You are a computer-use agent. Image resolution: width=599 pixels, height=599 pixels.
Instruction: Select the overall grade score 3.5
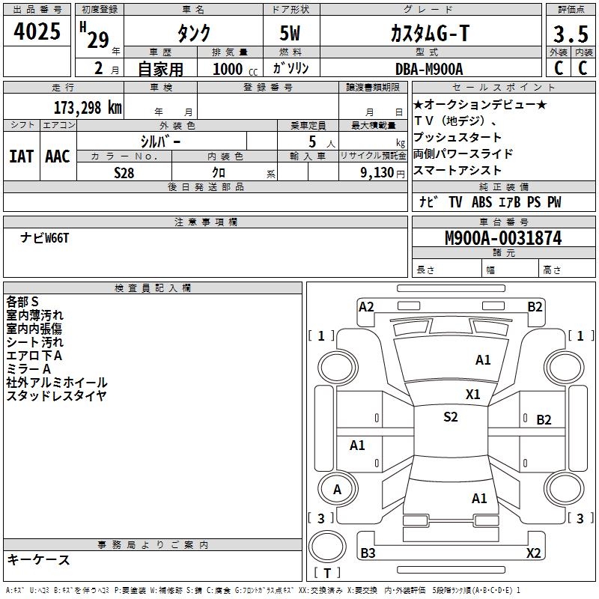[571, 35]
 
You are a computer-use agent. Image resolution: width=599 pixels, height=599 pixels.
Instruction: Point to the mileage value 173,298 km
[88, 107]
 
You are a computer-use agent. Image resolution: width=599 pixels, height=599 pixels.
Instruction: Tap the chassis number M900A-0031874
[503, 238]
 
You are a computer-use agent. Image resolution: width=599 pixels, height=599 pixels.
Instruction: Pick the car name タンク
[194, 34]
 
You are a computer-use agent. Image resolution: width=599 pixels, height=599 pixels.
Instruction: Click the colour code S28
[124, 172]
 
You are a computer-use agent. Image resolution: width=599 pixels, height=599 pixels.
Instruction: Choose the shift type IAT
[21, 156]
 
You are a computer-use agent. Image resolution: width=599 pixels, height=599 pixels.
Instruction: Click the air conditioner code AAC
[58, 156]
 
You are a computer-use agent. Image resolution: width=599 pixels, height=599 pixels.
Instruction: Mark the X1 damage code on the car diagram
[473, 394]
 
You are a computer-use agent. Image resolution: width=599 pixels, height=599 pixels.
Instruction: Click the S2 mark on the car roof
[450, 417]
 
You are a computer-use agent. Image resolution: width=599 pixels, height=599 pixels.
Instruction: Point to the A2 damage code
[366, 306]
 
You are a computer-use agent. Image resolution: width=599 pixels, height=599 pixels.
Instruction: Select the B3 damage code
[368, 553]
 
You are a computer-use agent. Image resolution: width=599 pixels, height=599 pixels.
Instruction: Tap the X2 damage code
[533, 553]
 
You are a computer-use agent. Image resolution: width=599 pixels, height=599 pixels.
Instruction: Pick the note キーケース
[38, 559]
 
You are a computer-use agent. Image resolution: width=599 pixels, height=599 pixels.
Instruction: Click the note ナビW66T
[45, 237]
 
